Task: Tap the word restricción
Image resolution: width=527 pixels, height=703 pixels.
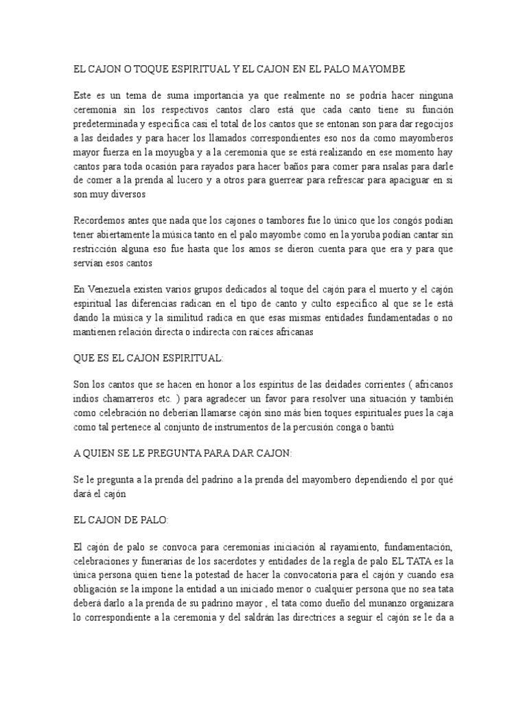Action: [x=98, y=249]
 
